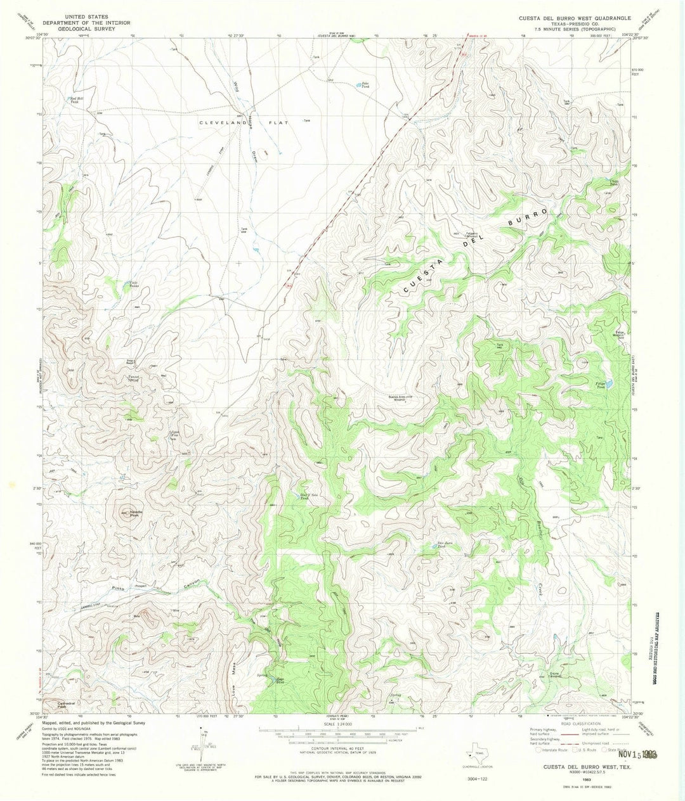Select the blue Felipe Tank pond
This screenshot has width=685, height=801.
pos(608,384)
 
